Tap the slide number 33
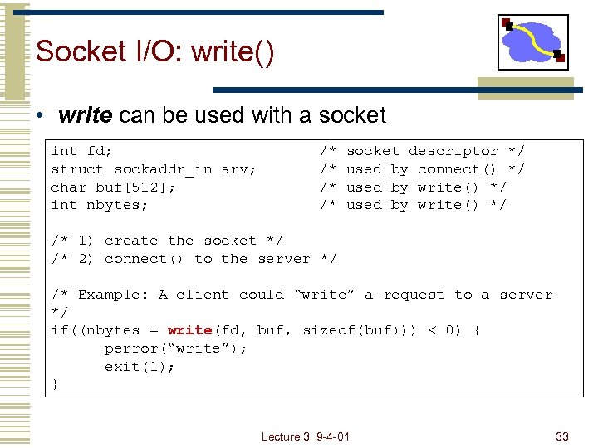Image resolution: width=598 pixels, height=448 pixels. [x=562, y=436]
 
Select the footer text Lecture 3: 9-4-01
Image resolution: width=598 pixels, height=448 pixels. [x=305, y=436]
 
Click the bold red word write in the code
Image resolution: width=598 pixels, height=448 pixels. [x=189, y=330]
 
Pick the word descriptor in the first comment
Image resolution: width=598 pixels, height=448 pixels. [x=453, y=151]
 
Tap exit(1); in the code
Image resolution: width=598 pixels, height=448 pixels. [x=140, y=366]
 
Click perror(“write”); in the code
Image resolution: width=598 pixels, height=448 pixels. [x=176, y=348]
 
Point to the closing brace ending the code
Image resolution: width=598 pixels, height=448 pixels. [x=55, y=384]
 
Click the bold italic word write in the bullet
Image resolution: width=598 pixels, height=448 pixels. [x=86, y=115]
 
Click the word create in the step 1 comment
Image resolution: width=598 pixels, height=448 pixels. [x=131, y=241]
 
